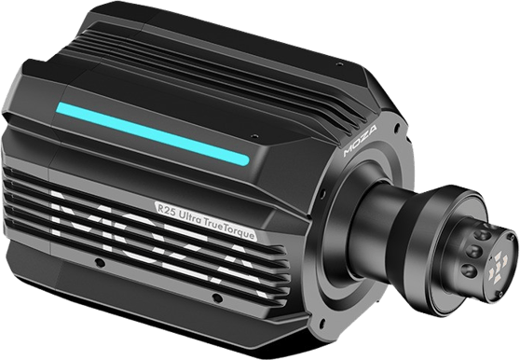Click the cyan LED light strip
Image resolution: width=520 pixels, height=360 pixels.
(153, 133)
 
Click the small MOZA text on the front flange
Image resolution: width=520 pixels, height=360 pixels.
(360, 141)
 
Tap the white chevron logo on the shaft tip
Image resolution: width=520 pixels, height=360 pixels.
(496, 268)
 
